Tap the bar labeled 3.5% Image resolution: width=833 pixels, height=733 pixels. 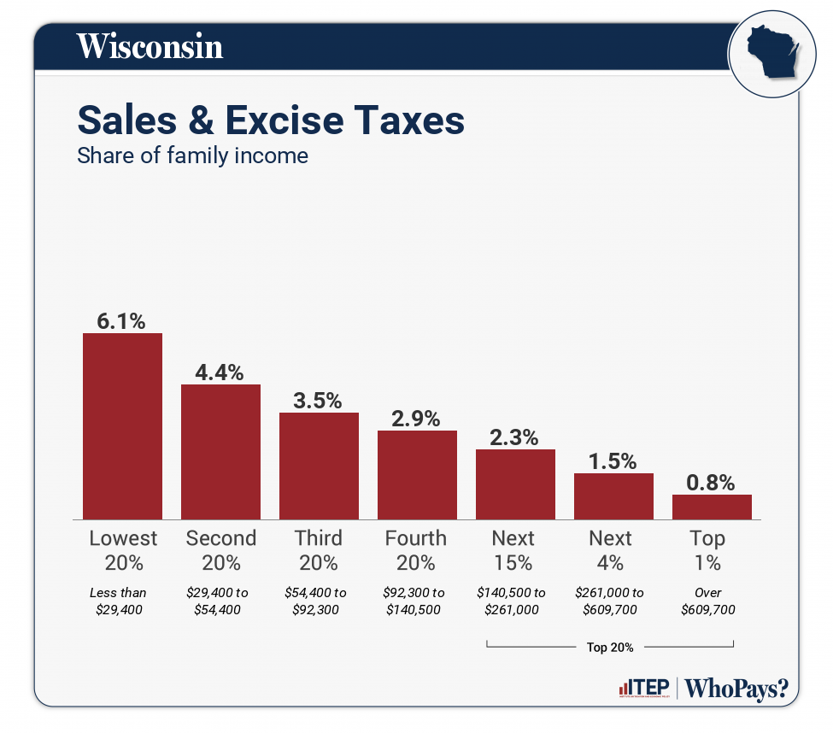[x=319, y=466]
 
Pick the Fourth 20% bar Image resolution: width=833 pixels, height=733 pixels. [x=417, y=474]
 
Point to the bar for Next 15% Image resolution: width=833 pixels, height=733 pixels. [x=515, y=484]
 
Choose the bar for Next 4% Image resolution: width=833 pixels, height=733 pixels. [x=613, y=496]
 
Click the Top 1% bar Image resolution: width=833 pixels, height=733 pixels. [x=712, y=507]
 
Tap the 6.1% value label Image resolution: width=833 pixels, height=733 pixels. [x=121, y=321]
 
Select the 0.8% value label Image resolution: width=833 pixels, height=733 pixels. [x=711, y=483]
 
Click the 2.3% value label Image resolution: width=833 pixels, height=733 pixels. [x=514, y=437]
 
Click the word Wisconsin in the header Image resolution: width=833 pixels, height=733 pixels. [x=150, y=46]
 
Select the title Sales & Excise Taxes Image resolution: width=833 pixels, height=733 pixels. [x=271, y=120]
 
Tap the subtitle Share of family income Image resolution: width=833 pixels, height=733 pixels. [x=192, y=156]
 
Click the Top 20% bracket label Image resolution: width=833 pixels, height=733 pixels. [x=610, y=648]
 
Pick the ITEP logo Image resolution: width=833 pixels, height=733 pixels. [x=642, y=689]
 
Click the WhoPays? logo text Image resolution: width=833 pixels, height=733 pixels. [x=736, y=689]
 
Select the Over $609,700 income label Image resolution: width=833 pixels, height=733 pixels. [x=708, y=601]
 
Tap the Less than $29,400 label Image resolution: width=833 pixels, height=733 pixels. [x=119, y=601]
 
